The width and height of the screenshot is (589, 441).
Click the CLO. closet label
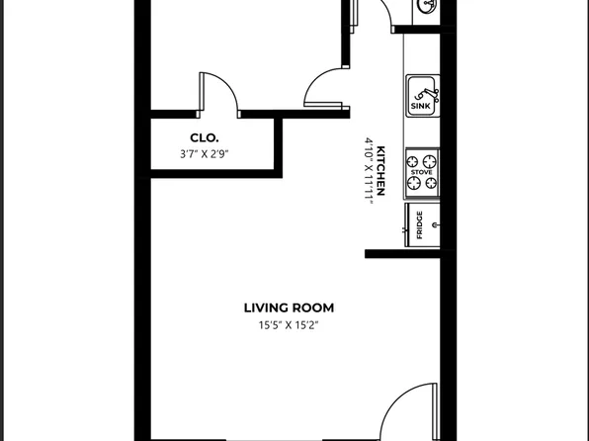pyautogui.click(x=205, y=138)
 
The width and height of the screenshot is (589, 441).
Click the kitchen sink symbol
pyautogui.click(x=423, y=96)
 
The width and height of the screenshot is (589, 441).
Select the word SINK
pyautogui.click(x=420, y=106)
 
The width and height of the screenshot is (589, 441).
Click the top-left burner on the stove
pyautogui.click(x=414, y=158)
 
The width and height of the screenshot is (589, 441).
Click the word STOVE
pyautogui.click(x=422, y=171)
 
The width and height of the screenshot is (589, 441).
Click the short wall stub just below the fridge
pyautogui.click(x=401, y=254)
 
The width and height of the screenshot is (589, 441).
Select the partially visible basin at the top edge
pyautogui.click(x=428, y=7)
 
